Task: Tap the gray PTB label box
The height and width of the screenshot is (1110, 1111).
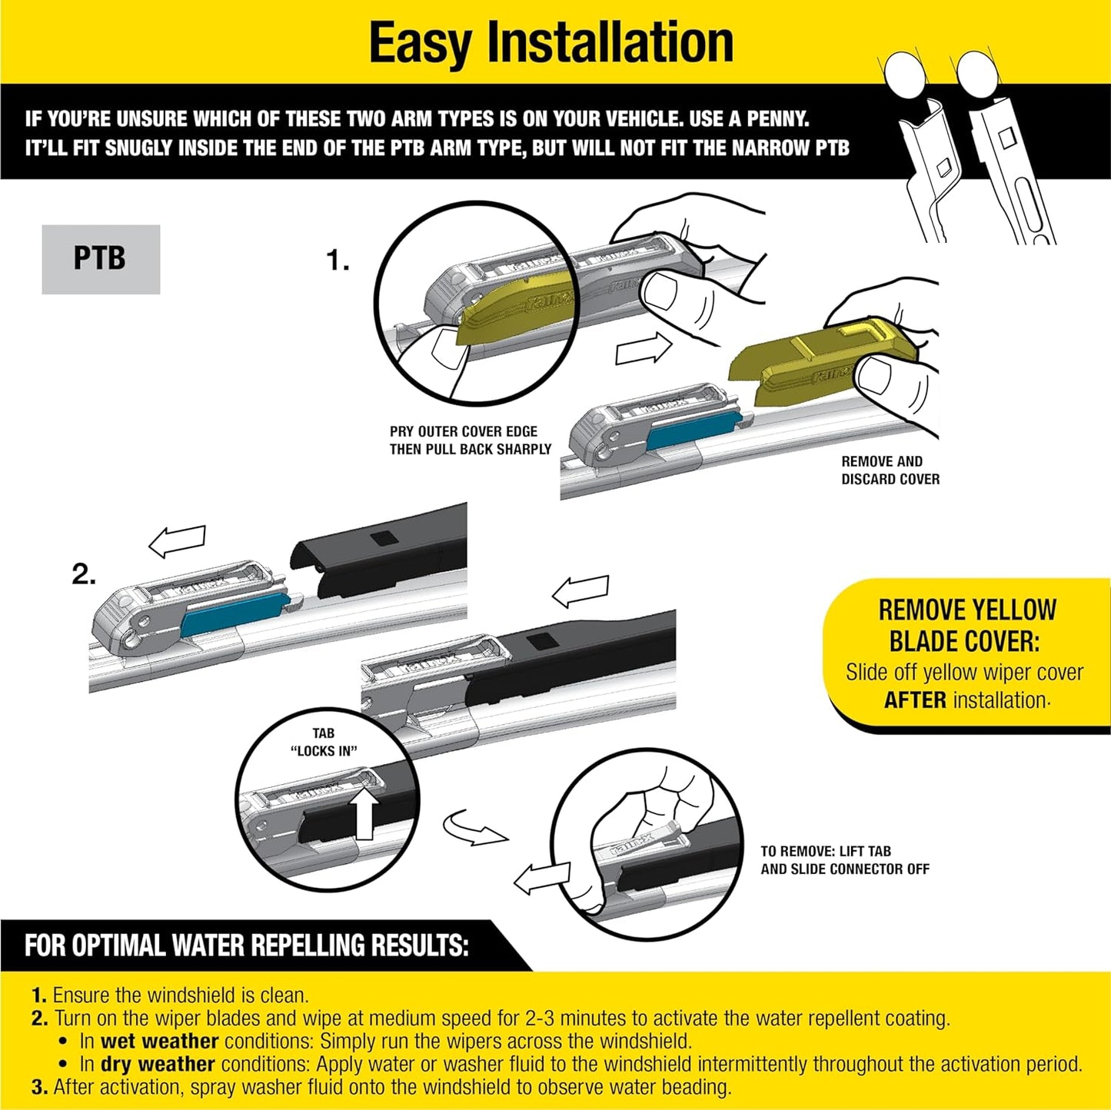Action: [101, 259]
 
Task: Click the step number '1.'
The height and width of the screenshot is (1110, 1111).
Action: [337, 261]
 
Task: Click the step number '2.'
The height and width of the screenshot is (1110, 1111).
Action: [84, 574]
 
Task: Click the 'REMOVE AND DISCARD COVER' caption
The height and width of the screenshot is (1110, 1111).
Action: [890, 470]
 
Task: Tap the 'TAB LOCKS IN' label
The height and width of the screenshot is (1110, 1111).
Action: [324, 743]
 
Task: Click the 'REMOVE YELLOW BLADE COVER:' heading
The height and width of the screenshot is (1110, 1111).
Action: [966, 626]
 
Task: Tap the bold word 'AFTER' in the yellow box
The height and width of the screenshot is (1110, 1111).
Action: [915, 700]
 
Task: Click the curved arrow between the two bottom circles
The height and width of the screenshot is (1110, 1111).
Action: [474, 827]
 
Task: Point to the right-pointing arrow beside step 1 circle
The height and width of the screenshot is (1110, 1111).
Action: [644, 350]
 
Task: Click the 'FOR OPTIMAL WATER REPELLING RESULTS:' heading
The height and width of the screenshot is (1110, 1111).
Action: [246, 945]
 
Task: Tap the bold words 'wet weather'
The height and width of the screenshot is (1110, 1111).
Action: [159, 1042]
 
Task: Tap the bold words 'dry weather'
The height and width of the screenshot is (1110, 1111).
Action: [157, 1065]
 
